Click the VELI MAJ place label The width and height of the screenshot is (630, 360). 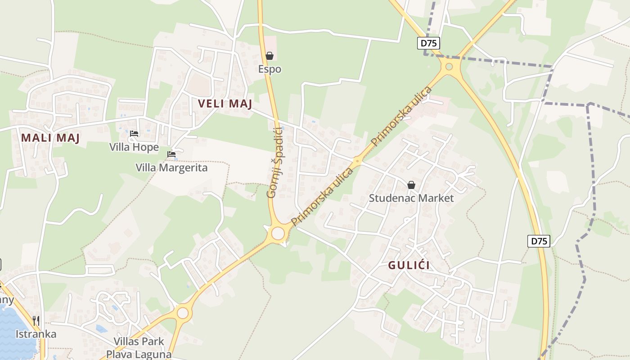click(225, 104)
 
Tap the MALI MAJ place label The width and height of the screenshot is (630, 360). click(50, 138)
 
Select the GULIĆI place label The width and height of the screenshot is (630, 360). click(409, 265)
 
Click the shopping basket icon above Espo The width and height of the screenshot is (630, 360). click(270, 56)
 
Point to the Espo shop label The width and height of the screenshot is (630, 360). click(270, 69)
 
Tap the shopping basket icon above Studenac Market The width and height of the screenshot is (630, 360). click(411, 185)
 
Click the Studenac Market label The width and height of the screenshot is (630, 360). click(411, 198)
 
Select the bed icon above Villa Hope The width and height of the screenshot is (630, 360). click(134, 134)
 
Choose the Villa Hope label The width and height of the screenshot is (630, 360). click(134, 147)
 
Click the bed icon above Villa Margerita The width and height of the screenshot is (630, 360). click(171, 154)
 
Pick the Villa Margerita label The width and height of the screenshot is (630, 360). click(172, 168)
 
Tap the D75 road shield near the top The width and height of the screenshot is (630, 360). click(428, 43)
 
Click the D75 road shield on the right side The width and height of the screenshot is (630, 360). click(538, 241)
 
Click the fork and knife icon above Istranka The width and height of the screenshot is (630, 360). click(36, 320)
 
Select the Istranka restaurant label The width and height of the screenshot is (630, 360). click(36, 334)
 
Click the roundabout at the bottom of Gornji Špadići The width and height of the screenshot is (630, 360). click(278, 233)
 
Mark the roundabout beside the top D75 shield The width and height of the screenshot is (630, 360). click(449, 67)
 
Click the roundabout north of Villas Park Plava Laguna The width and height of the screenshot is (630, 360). click(183, 312)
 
